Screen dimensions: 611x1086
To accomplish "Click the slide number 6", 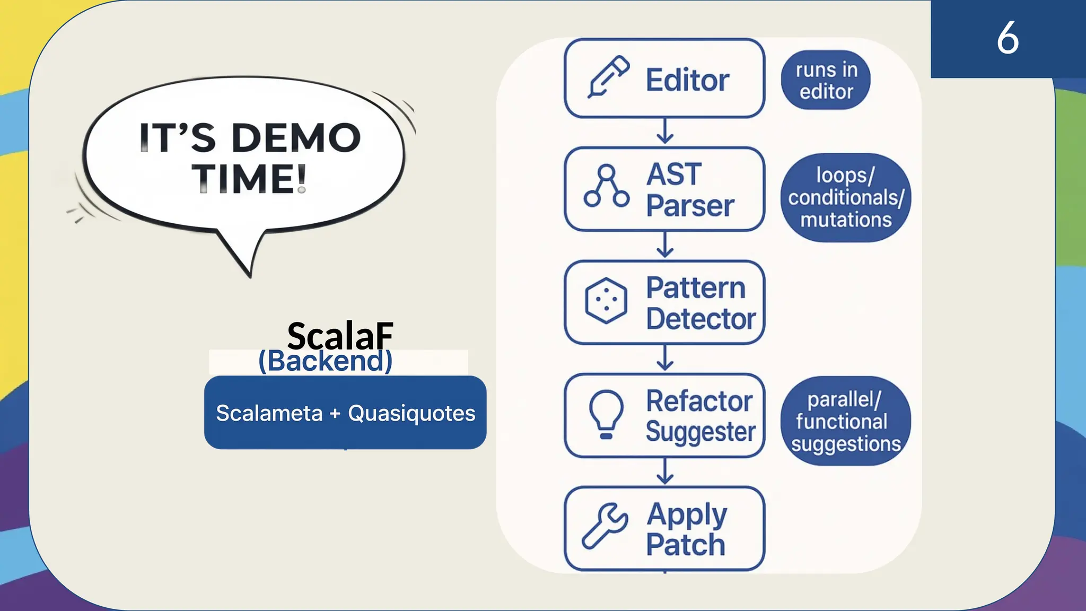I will [x=1007, y=38].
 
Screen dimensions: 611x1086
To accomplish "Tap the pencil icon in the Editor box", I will [x=608, y=77].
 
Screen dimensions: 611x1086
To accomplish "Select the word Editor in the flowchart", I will [x=687, y=80].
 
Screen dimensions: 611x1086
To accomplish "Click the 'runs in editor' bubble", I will [x=826, y=80].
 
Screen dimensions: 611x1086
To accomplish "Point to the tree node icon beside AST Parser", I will [x=606, y=187].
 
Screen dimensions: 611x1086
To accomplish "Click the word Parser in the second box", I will [x=690, y=206].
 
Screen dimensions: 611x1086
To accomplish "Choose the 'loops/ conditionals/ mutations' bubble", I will [x=845, y=198].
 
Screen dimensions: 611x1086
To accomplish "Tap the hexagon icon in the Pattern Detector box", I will [x=606, y=300].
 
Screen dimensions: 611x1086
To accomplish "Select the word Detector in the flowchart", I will [x=700, y=319].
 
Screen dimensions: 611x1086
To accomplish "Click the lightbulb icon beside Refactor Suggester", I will [x=606, y=414].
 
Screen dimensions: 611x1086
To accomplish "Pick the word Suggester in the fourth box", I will [x=700, y=432].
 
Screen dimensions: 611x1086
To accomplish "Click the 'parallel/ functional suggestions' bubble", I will [x=845, y=422].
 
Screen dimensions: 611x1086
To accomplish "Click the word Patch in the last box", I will [x=685, y=545].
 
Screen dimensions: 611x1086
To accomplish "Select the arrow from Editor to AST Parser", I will [x=664, y=132].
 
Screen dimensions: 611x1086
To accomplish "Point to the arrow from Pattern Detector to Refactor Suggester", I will [x=664, y=359].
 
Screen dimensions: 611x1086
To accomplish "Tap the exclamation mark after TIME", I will [x=301, y=178].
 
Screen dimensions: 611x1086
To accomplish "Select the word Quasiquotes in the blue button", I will [x=411, y=413].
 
